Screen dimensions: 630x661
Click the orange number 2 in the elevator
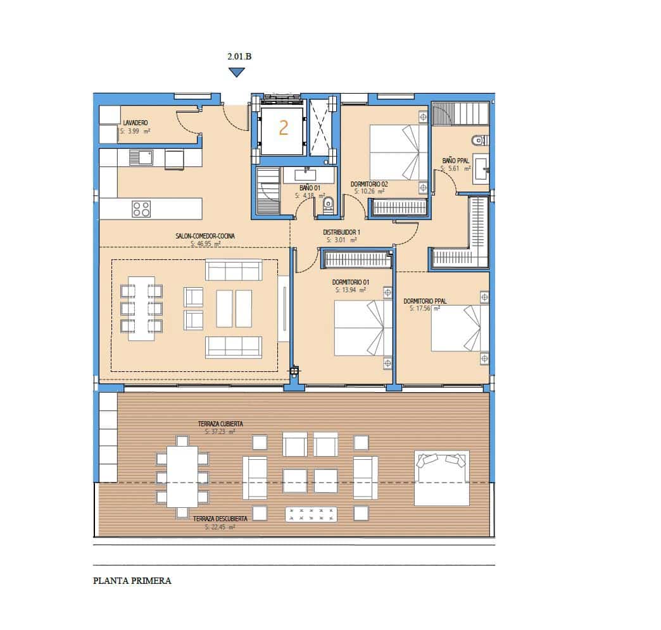point(283,128)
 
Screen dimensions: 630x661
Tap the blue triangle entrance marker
point(236,73)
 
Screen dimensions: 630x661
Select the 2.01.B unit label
point(239,57)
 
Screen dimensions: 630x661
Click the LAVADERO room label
point(135,123)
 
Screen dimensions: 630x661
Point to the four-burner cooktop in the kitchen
point(141,209)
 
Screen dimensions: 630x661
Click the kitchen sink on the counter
point(141,157)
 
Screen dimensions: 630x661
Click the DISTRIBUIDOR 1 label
point(341,232)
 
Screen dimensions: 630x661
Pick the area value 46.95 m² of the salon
point(205,244)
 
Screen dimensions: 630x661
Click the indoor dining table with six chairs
point(141,308)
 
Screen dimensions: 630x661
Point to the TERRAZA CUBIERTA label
point(220,424)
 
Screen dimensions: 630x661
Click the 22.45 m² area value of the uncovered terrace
point(220,526)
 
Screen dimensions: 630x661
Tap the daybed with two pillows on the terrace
point(442,478)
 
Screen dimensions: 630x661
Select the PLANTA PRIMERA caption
point(132,580)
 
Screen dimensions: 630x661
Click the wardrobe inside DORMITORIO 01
point(356,259)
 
